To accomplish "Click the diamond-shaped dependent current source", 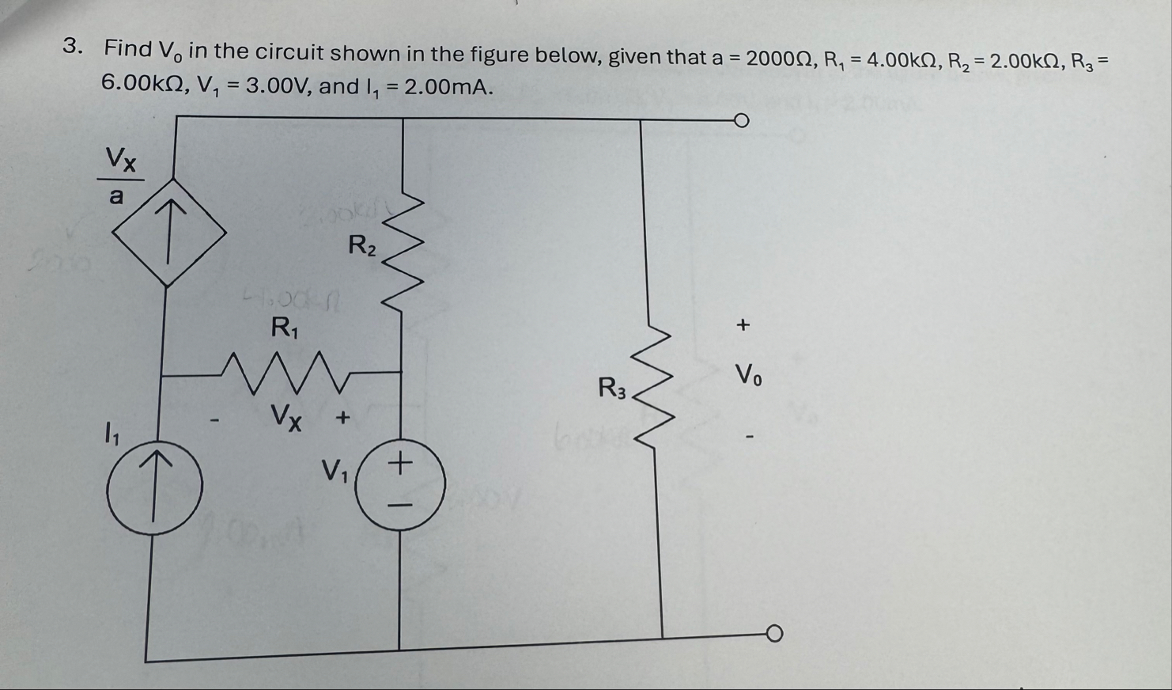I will coord(168,233).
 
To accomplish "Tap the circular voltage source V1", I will coord(400,482).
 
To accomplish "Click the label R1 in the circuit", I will coord(284,327).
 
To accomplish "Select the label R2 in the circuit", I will coord(362,245).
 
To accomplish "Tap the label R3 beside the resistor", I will coord(612,389).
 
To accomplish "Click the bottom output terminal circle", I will coord(774,634).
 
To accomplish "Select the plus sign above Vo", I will coord(742,324).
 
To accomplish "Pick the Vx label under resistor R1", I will coord(285,416).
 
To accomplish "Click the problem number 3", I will coord(72,47).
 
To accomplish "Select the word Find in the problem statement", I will coord(128,49).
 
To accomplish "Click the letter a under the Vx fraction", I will coord(116,196).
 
